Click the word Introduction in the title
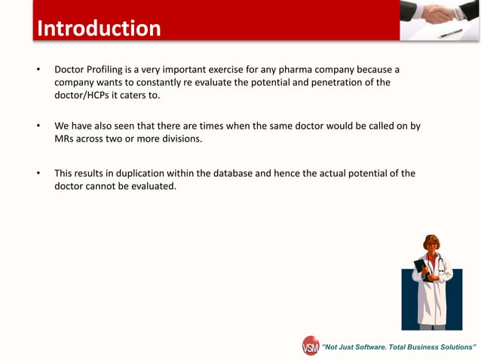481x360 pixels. (99, 29)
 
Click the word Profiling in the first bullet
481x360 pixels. (108, 70)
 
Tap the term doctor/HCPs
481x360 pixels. (82, 95)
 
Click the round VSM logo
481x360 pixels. (311, 346)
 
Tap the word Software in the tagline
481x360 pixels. (375, 347)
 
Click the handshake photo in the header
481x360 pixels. (440, 20)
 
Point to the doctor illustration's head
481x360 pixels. (431, 245)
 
